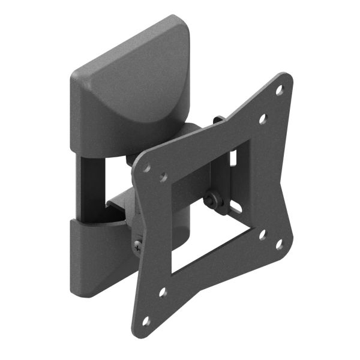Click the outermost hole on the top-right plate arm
279,91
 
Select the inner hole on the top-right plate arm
262,119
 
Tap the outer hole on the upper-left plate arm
147,169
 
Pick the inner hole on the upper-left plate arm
163,178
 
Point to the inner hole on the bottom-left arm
162,293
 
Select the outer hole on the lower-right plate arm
279,244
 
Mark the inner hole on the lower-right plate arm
262,235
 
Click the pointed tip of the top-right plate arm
287,77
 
